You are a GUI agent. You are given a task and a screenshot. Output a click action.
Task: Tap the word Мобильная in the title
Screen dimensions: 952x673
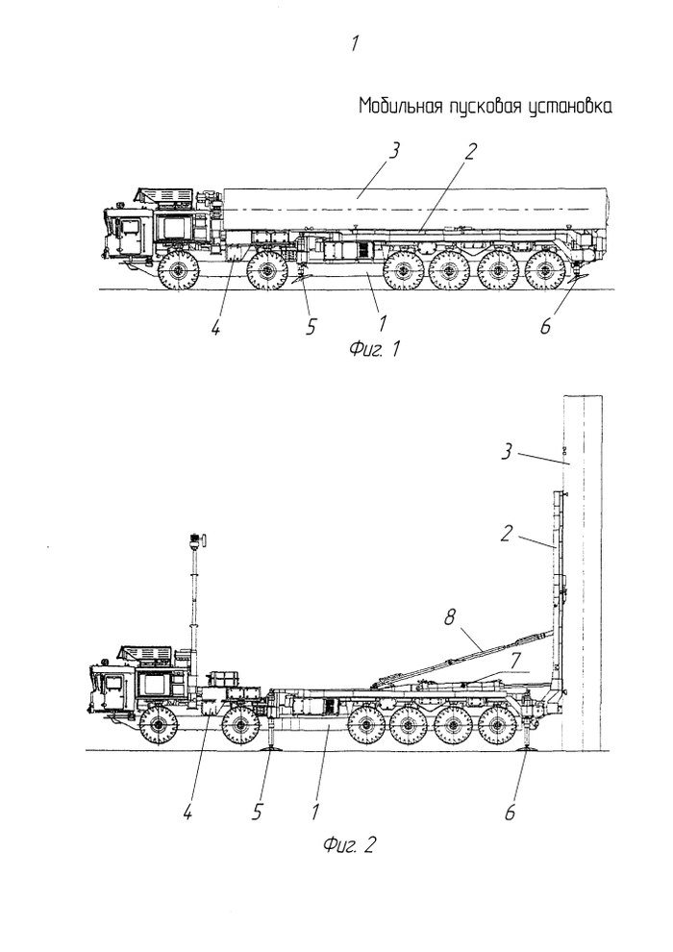pyautogui.click(x=398, y=105)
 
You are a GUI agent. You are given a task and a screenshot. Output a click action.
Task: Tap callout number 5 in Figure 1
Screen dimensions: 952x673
pyautogui.click(x=311, y=327)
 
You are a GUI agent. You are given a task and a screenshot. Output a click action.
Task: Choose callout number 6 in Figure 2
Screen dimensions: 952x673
pyautogui.click(x=510, y=813)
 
